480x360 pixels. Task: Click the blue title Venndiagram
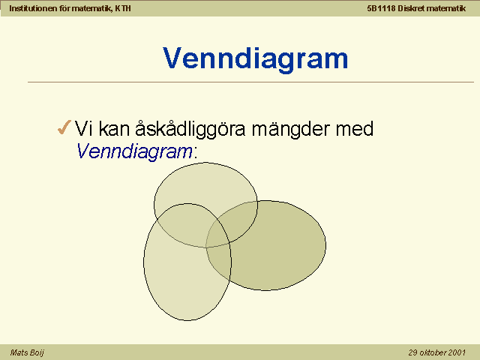coord(255,58)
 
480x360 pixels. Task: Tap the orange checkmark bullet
coord(64,127)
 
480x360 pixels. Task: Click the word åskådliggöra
coord(190,129)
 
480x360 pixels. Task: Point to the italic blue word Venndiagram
coord(134,151)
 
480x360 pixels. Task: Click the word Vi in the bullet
coord(83,128)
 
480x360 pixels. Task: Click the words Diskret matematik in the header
coord(432,8)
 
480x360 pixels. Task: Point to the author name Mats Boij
coord(27,352)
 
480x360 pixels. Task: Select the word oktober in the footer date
coord(433,352)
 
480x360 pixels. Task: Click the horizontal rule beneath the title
coord(250,82)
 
